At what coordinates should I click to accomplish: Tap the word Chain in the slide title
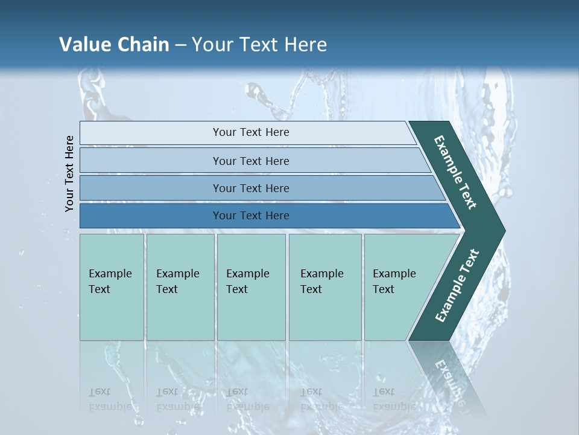[143, 45]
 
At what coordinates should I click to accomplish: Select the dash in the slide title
[181, 45]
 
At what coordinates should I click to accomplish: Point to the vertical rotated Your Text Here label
[69, 173]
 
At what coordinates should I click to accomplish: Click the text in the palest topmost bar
[251, 132]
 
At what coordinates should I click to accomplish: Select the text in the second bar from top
[251, 161]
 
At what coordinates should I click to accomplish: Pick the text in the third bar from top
[251, 188]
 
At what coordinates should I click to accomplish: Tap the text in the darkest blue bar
[251, 216]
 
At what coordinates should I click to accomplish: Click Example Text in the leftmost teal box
[110, 282]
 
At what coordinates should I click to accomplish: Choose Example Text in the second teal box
[177, 282]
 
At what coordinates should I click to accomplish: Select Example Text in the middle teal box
[247, 282]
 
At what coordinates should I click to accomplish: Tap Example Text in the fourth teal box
[321, 282]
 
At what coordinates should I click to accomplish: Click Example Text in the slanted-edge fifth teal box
[394, 282]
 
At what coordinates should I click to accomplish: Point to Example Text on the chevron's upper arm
[455, 172]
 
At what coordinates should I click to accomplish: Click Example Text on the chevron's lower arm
[457, 286]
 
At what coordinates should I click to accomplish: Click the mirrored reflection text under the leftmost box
[110, 399]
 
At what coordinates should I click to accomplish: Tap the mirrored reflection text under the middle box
[247, 399]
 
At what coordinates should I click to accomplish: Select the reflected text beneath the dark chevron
[449, 381]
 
